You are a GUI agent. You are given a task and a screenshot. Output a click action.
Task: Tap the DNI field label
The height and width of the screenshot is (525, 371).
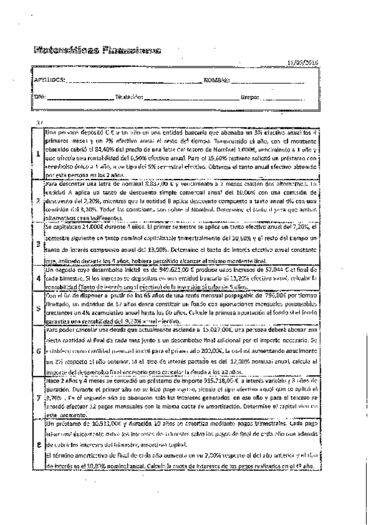coord(40,97)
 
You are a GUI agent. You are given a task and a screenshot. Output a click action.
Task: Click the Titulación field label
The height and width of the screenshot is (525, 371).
coord(130,97)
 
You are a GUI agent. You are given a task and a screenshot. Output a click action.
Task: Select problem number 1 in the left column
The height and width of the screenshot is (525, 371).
coord(37,153)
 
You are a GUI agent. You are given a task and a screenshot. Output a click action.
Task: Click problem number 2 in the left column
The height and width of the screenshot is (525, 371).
coord(37,201)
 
